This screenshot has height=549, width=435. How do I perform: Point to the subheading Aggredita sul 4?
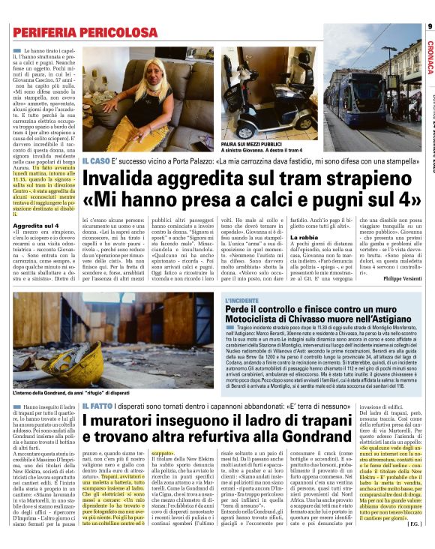click(35, 225)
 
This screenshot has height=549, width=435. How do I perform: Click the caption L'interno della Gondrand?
click(45, 393)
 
